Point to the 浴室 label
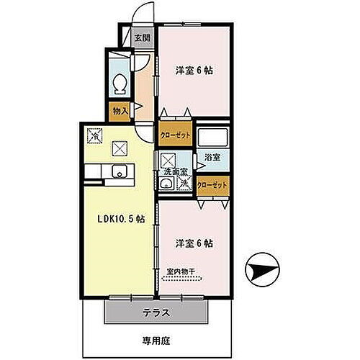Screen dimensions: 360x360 click(212, 156)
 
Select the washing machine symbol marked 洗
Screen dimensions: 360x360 click(184, 184)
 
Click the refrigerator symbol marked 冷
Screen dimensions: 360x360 click(94, 133)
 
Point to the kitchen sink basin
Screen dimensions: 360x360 click(119, 171)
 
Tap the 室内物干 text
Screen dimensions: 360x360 click(184, 271)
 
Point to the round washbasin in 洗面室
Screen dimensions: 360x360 click(167, 185)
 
